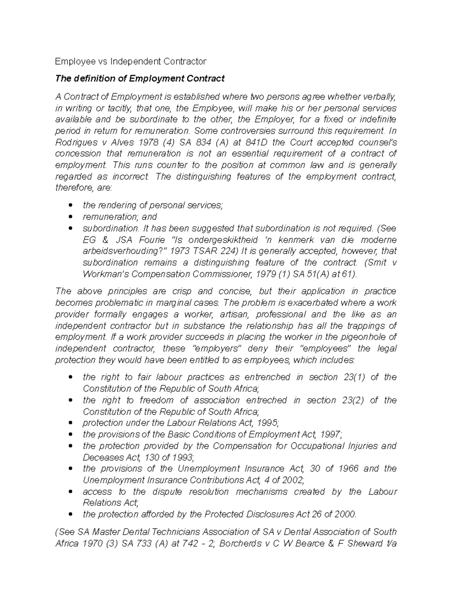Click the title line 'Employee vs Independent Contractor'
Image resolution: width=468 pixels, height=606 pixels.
tap(130, 61)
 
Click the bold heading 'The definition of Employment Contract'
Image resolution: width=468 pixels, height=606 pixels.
tap(140, 78)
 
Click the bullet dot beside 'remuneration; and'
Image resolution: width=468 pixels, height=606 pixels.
tap(70, 217)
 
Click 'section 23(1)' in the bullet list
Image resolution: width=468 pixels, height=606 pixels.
tap(337, 377)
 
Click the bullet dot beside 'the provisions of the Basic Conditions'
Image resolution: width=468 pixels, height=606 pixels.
tap(70, 435)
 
